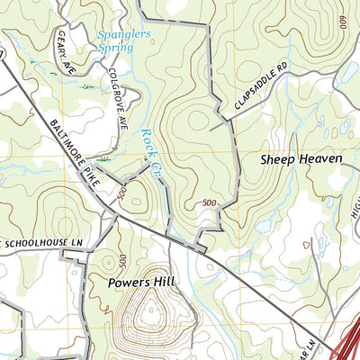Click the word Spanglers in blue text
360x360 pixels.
click(126, 36)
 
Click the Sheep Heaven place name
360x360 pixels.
click(301, 159)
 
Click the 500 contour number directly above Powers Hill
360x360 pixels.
click(121, 261)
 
